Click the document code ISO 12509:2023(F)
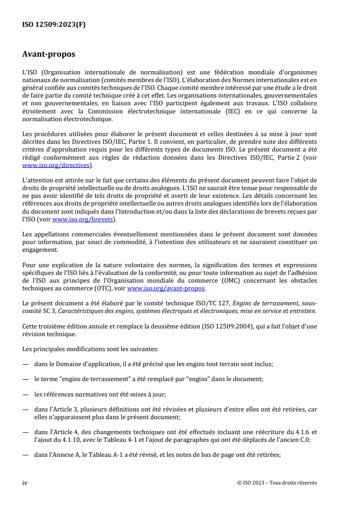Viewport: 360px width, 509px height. pyautogui.click(x=54, y=25)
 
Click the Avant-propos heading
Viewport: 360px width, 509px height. pyautogui.click(x=49, y=55)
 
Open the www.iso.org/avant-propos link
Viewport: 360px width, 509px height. pyautogui.click(x=166, y=288)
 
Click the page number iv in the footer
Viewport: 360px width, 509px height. pyautogui.click(x=25, y=483)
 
